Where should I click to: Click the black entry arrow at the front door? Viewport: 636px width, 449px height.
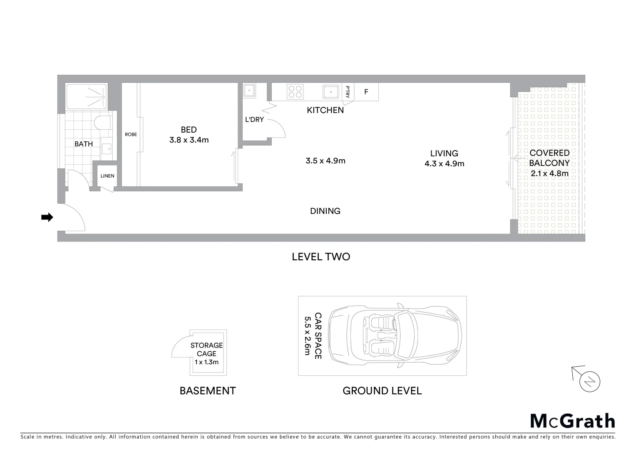(x=47, y=217)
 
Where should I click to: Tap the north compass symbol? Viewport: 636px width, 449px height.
(x=589, y=381)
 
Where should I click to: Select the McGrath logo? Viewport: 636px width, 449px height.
(x=572, y=421)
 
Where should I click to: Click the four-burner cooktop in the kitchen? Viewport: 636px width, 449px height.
(x=295, y=91)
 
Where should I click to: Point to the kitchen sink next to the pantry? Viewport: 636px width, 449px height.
(x=331, y=91)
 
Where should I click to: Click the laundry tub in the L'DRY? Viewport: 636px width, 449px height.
(x=249, y=90)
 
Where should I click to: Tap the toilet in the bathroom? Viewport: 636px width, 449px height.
(x=102, y=123)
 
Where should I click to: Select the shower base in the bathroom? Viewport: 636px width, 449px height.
(x=87, y=96)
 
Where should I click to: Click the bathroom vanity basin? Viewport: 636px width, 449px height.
(x=107, y=148)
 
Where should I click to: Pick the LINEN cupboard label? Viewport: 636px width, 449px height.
(x=107, y=176)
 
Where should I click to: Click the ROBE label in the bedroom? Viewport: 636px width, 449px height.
(x=131, y=134)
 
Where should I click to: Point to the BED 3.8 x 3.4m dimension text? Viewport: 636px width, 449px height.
(x=189, y=135)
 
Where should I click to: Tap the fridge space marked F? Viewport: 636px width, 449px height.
(x=366, y=92)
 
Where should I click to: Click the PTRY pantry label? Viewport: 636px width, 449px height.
(x=348, y=92)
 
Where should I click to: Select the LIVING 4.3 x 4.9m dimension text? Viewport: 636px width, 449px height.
(x=444, y=158)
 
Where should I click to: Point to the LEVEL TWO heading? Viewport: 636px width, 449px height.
(x=321, y=257)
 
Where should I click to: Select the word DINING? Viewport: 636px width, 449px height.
(x=325, y=211)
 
